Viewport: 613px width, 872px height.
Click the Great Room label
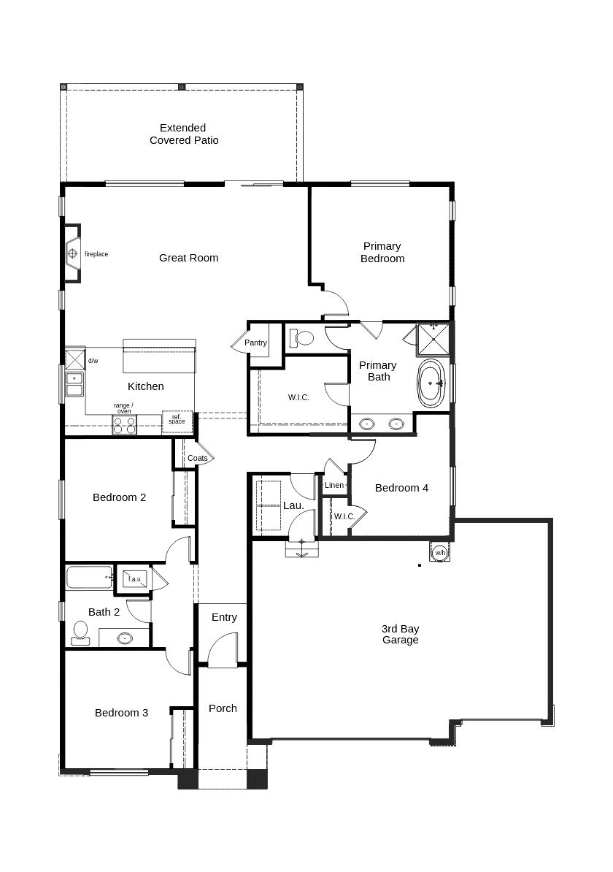[188, 258]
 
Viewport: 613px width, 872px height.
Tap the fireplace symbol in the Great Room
[72, 253]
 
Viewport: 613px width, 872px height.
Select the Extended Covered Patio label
[183, 134]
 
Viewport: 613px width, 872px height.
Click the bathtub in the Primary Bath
[431, 383]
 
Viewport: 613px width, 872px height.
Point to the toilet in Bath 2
[80, 632]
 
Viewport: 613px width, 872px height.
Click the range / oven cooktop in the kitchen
[125, 425]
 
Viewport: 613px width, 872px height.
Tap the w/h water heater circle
[440, 553]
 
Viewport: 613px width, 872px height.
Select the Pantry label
[255, 343]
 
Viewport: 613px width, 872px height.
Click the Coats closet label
[197, 458]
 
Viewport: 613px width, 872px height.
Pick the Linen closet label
[334, 485]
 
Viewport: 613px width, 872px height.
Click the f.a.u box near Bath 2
[134, 579]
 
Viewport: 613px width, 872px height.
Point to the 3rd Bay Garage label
[400, 634]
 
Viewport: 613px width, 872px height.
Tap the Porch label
[223, 708]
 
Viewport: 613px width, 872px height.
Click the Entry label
[224, 617]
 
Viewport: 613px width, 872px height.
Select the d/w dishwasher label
[93, 361]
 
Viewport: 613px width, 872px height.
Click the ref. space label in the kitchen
[177, 419]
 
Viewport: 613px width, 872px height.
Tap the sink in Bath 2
[125, 638]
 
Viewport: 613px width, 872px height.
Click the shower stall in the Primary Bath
[434, 339]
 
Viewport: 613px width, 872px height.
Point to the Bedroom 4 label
[401, 489]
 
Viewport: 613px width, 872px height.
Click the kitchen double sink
[74, 384]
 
